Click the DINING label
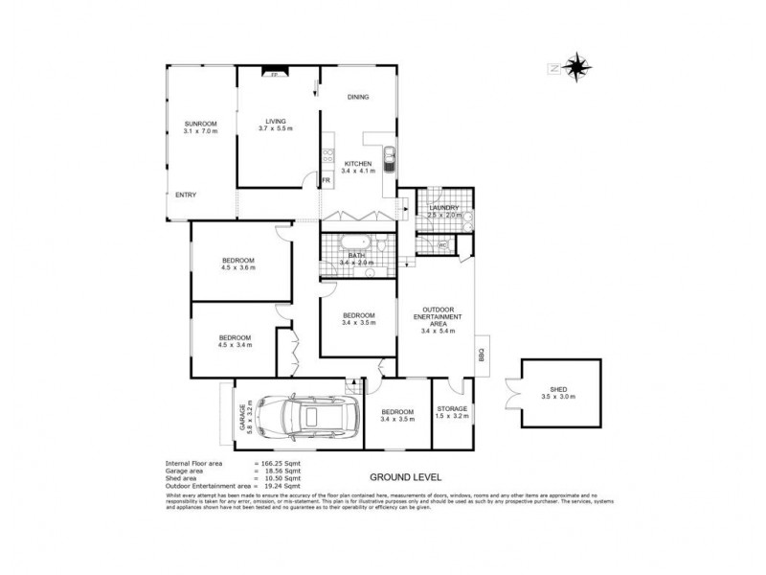358,97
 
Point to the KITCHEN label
359,164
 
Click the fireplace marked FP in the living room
273,73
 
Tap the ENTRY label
186,195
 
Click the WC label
442,245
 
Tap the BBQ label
482,354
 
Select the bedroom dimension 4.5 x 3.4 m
236,345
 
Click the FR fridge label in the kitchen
327,179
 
